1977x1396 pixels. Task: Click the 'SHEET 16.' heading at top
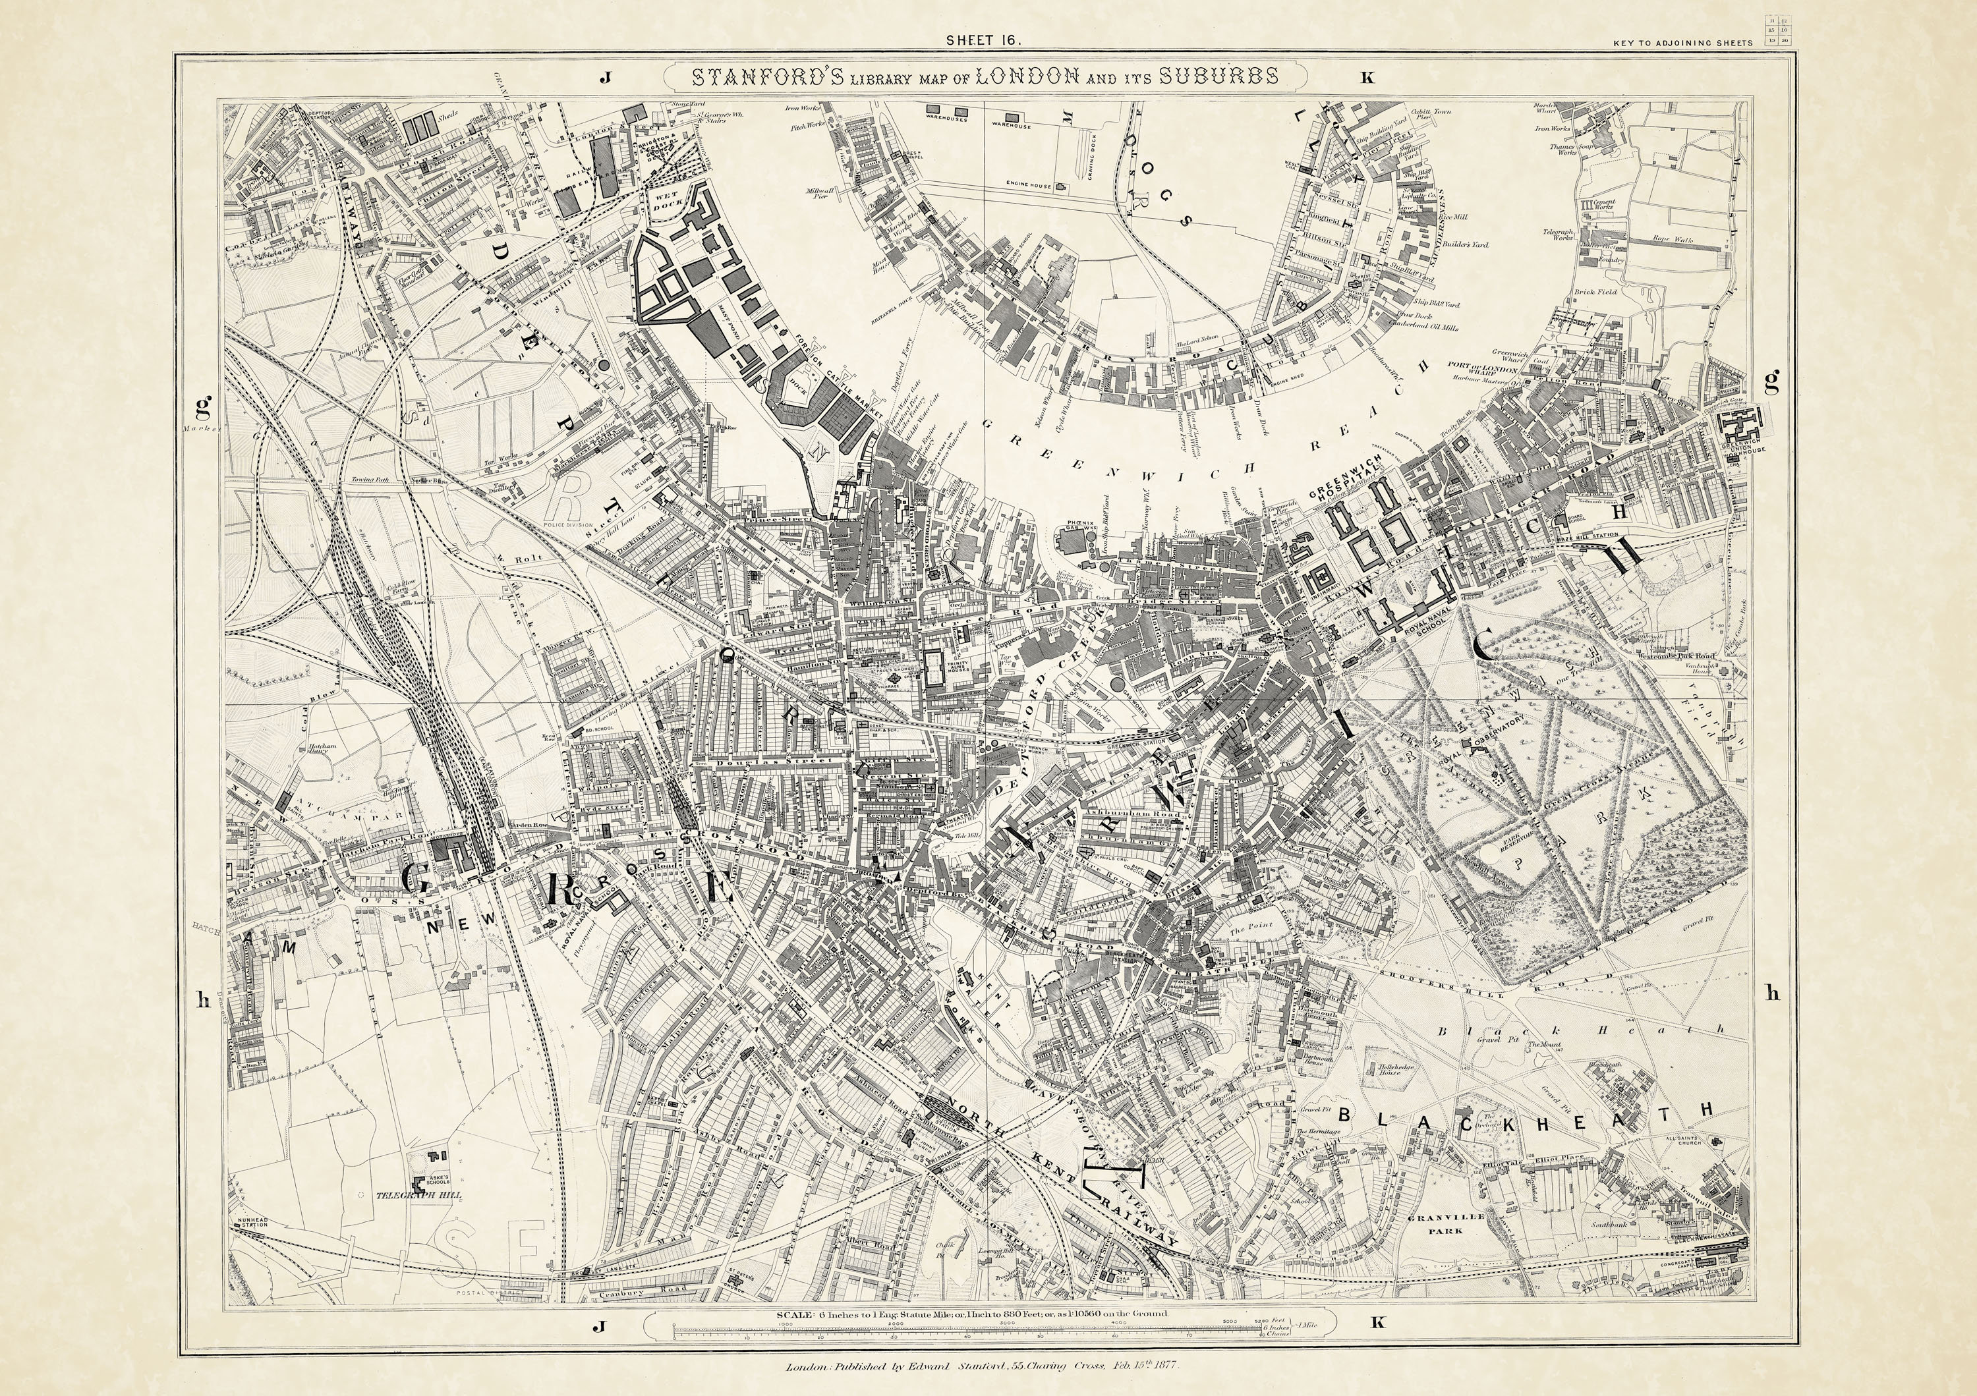(x=983, y=40)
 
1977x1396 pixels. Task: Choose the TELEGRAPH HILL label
(x=418, y=1196)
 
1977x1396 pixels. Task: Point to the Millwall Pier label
(x=825, y=194)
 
